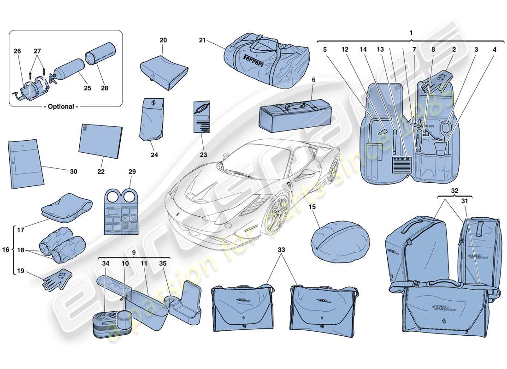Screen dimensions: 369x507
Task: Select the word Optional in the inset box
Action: tap(61, 107)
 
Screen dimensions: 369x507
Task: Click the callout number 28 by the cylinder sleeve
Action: tap(104, 88)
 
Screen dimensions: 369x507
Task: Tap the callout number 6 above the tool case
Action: tap(313, 80)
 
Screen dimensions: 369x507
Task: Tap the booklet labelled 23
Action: tap(201, 117)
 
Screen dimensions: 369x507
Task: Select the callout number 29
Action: tap(132, 172)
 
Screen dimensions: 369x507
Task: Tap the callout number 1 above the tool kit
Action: tap(411, 33)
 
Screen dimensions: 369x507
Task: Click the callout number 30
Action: tap(73, 172)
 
